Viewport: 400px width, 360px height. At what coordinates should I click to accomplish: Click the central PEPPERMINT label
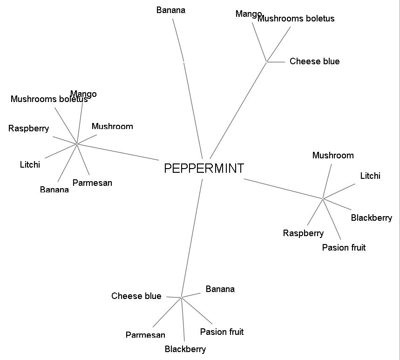(x=203, y=168)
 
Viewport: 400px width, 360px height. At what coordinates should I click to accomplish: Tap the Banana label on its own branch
(x=170, y=10)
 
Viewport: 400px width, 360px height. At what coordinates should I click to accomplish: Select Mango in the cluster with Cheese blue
(x=248, y=14)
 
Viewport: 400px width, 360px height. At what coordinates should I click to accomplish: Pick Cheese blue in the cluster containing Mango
(x=314, y=61)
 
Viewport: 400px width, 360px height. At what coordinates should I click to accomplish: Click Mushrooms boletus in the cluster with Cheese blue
(x=296, y=19)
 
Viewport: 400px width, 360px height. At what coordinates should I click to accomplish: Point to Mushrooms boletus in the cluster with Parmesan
(x=48, y=99)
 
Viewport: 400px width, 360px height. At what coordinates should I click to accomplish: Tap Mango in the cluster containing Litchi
(x=83, y=94)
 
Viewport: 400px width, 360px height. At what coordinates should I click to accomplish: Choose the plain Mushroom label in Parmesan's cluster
(x=112, y=127)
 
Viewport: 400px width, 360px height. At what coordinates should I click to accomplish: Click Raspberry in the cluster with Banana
(x=28, y=129)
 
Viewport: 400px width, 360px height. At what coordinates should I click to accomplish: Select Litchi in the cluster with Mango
(x=30, y=165)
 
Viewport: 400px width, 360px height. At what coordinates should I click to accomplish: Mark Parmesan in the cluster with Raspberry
(x=92, y=183)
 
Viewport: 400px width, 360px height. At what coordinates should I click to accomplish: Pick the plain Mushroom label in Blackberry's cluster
(x=333, y=156)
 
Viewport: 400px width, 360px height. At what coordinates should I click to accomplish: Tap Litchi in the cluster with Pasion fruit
(x=370, y=176)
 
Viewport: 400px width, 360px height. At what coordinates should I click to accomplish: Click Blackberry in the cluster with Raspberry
(x=371, y=218)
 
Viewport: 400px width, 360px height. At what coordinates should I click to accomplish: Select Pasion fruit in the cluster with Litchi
(x=344, y=248)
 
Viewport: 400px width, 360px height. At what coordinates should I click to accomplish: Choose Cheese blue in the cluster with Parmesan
(x=136, y=296)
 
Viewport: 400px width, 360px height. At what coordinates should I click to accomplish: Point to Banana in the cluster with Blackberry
(x=220, y=289)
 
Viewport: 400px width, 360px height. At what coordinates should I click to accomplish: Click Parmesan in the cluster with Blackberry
(x=145, y=335)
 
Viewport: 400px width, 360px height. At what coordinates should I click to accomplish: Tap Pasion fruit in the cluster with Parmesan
(x=222, y=332)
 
